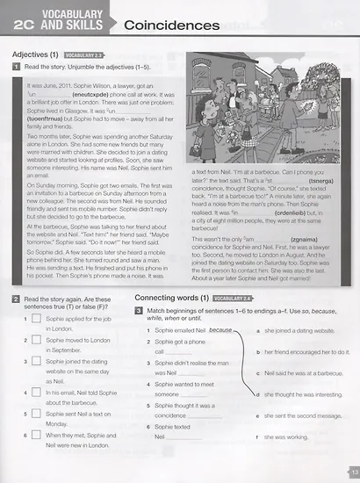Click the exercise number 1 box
[x=17, y=67]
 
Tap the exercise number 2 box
[x=17, y=299]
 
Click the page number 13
[x=353, y=472]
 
